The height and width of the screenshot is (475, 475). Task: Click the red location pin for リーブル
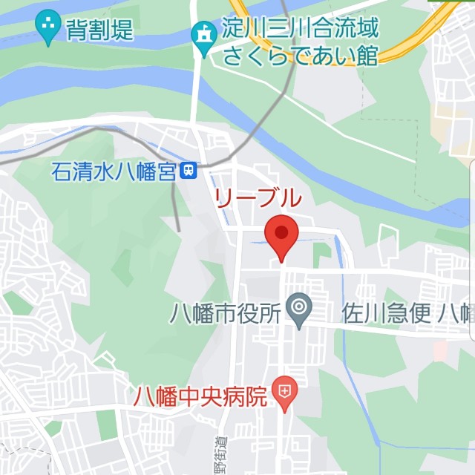281,235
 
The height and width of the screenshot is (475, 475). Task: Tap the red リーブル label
258,198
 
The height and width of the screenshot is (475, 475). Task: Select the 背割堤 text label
100,30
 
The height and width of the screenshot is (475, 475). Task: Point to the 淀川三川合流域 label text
300,30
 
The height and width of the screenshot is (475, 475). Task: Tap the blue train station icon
189,171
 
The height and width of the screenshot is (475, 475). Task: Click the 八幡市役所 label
224,313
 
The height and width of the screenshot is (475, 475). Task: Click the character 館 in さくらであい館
367,55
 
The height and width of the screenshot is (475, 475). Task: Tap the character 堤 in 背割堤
122,30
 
